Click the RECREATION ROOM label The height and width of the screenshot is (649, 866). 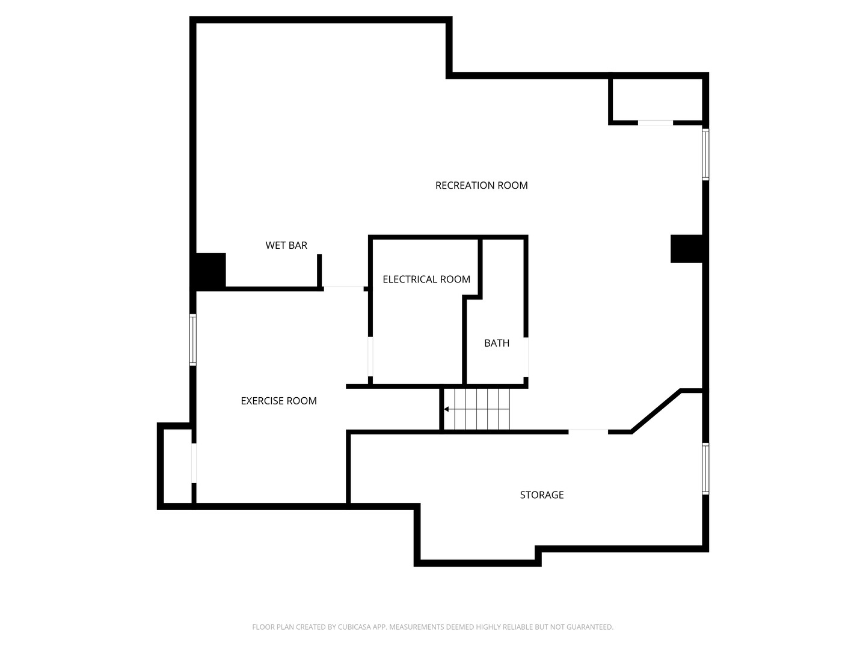481,185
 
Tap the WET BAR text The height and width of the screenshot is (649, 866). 286,245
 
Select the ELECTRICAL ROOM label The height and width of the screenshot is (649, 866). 426,279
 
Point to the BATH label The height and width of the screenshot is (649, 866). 497,343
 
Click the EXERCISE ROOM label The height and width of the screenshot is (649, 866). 278,401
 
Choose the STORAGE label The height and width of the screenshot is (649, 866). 541,495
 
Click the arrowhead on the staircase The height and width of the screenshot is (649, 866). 446,409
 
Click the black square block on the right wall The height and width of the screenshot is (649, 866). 686,249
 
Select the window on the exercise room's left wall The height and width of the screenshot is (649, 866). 193,340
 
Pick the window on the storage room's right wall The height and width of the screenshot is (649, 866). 705,469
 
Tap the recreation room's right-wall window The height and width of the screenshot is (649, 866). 705,154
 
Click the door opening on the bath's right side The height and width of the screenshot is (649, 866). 526,357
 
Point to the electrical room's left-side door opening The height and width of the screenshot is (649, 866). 370,356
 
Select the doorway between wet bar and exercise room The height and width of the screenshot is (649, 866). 343,288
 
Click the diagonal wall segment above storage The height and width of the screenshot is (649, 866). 656,411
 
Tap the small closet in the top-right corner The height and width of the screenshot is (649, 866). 656,100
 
